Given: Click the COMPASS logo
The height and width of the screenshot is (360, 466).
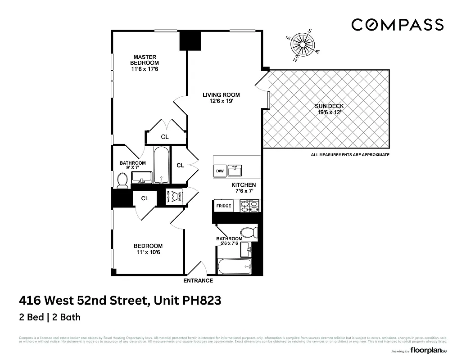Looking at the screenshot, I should pos(397,25).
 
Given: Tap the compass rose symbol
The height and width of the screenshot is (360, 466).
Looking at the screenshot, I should pos(302,44).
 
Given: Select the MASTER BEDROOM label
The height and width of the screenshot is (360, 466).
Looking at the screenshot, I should pos(145,63).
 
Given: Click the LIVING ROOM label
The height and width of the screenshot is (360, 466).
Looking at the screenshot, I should pos(221,98).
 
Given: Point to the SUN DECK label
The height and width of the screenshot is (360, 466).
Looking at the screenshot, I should pos(329,109).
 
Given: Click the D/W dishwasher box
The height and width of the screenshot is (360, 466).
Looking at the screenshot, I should pos(220,171).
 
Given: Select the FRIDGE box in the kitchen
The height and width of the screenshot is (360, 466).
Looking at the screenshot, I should pos(224,206).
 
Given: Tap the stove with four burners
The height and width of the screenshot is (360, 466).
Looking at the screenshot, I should pos(249,206).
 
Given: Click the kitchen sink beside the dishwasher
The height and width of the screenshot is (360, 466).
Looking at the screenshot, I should pos(235,171).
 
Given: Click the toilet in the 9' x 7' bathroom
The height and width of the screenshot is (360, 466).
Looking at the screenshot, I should pos(122,180).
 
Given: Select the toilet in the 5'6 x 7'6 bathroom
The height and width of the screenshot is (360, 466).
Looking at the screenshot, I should pos(249,233).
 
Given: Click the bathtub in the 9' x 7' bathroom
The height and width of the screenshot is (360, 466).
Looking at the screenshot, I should pos(161,165).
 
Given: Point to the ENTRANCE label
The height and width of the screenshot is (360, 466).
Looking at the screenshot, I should pos(198,280).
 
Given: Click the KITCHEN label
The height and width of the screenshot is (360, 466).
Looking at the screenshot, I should pos(244,188).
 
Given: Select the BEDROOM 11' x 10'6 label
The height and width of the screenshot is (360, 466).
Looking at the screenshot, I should pos(148,249).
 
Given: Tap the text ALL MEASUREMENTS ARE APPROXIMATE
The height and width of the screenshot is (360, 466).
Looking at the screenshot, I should pos(350,155).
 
